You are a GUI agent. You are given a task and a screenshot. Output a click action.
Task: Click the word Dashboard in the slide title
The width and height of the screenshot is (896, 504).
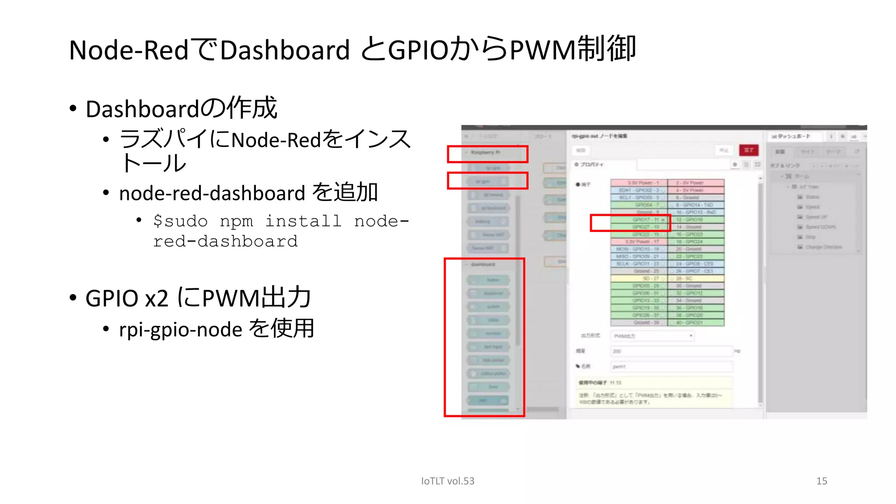284,50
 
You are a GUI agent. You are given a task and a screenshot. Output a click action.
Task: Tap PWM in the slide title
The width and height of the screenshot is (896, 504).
542,50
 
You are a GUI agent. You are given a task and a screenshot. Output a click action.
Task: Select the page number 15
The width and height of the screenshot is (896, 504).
821,481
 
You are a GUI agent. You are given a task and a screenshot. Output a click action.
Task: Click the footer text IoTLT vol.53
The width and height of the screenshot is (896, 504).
447,481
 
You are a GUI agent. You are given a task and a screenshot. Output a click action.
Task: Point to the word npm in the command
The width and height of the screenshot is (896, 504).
236,221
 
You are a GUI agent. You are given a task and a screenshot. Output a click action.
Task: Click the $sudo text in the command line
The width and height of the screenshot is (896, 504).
180,221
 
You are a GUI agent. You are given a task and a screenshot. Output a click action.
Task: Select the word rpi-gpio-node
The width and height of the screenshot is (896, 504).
180,329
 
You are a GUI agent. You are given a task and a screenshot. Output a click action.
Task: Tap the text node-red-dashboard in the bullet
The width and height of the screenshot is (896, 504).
212,193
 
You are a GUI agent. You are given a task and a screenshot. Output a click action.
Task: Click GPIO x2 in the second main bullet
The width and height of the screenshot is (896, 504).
127,298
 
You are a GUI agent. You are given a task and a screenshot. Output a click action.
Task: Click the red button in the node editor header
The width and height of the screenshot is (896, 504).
749,150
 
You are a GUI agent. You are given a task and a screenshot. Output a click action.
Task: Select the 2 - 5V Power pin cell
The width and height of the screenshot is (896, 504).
696,183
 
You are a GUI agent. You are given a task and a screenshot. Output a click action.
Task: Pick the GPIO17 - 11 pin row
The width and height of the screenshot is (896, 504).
639,220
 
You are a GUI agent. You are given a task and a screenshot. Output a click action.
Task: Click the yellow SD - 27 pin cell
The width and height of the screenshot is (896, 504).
639,278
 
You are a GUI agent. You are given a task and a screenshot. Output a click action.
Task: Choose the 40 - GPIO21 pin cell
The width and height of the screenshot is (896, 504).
696,322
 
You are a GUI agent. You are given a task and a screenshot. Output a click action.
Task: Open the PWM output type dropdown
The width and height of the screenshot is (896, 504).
652,336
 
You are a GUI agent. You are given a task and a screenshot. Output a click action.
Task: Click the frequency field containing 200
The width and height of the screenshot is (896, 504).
671,351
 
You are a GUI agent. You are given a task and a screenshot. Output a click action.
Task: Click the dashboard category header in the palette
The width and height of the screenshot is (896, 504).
483,264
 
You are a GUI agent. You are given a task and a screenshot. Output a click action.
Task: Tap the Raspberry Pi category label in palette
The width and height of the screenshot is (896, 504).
485,152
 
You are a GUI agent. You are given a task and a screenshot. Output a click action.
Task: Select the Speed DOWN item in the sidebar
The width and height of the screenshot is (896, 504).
820,227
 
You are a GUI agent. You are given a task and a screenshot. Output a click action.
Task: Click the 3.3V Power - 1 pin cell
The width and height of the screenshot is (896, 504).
639,183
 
